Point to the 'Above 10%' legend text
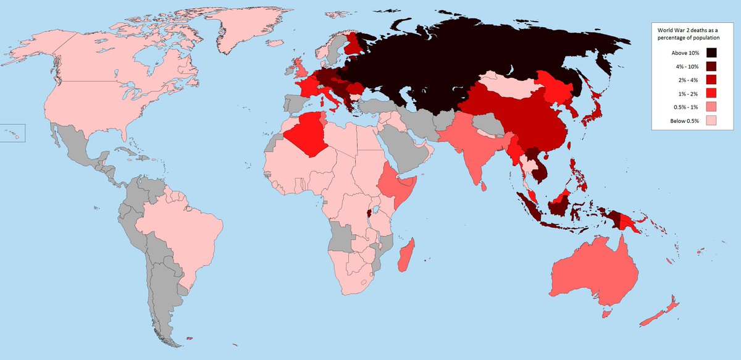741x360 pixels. [685, 53]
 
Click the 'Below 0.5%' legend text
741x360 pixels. [684, 121]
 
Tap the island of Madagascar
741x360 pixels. [406, 256]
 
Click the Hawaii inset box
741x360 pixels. [12, 132]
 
